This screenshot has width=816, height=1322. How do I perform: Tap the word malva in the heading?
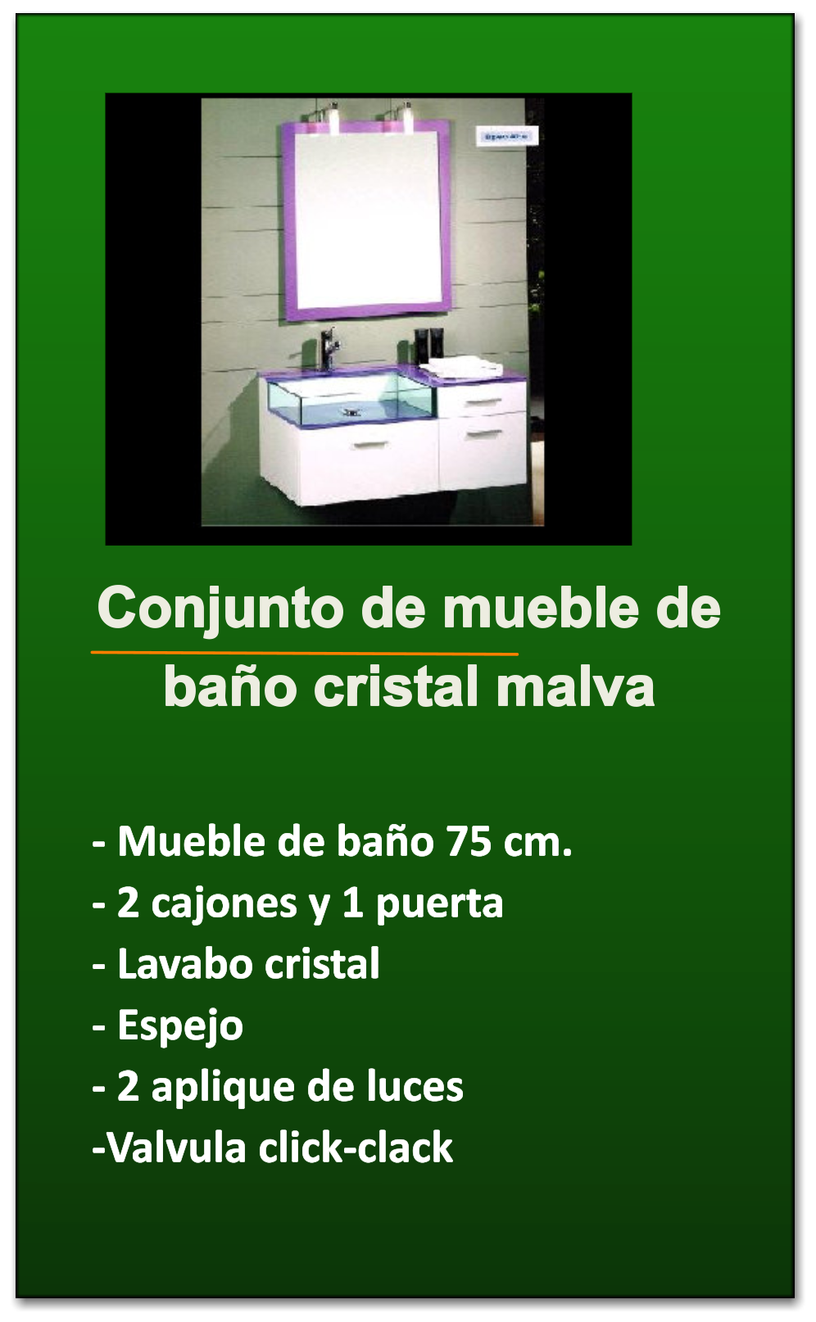pos(575,687)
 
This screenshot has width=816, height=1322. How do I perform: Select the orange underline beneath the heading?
pos(305,654)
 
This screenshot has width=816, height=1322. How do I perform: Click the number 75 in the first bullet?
pos(469,841)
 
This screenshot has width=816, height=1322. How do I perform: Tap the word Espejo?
pos(180,1027)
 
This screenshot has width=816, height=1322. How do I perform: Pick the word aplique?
pos(224,1088)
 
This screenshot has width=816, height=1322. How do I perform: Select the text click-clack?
pos(356,1148)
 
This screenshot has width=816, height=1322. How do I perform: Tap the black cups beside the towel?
pos(428,345)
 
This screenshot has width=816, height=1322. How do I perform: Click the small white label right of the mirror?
pos(506,137)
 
